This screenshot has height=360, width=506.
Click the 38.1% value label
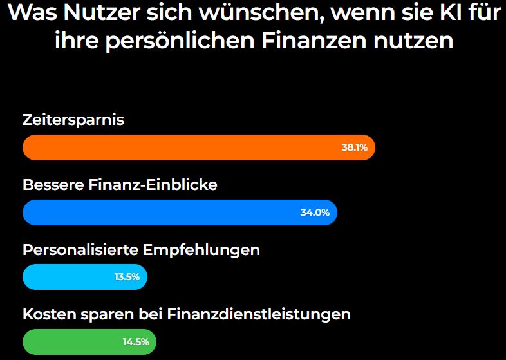click(x=354, y=147)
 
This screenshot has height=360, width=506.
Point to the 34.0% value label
click(x=315, y=213)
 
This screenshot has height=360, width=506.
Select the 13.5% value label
click(x=127, y=278)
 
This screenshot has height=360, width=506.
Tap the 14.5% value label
click(x=136, y=342)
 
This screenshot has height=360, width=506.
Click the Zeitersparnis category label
click(x=73, y=120)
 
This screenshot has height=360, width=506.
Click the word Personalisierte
click(x=81, y=250)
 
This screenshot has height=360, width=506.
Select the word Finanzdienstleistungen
click(x=259, y=315)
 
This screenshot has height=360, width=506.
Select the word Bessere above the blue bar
click(x=53, y=185)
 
